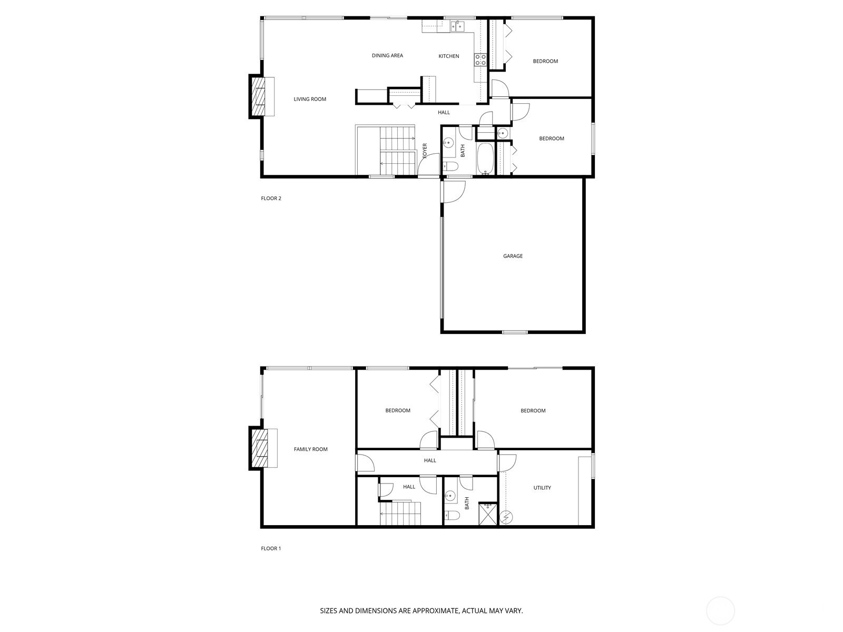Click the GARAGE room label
[513, 256]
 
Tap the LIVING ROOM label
[310, 99]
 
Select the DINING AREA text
[387, 55]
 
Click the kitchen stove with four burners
[480, 60]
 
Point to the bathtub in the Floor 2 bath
[484, 160]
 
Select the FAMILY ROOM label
[310, 449]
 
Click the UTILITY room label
[542, 488]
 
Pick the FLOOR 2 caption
[271, 199]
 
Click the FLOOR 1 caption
[271, 548]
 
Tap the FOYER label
[425, 151]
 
